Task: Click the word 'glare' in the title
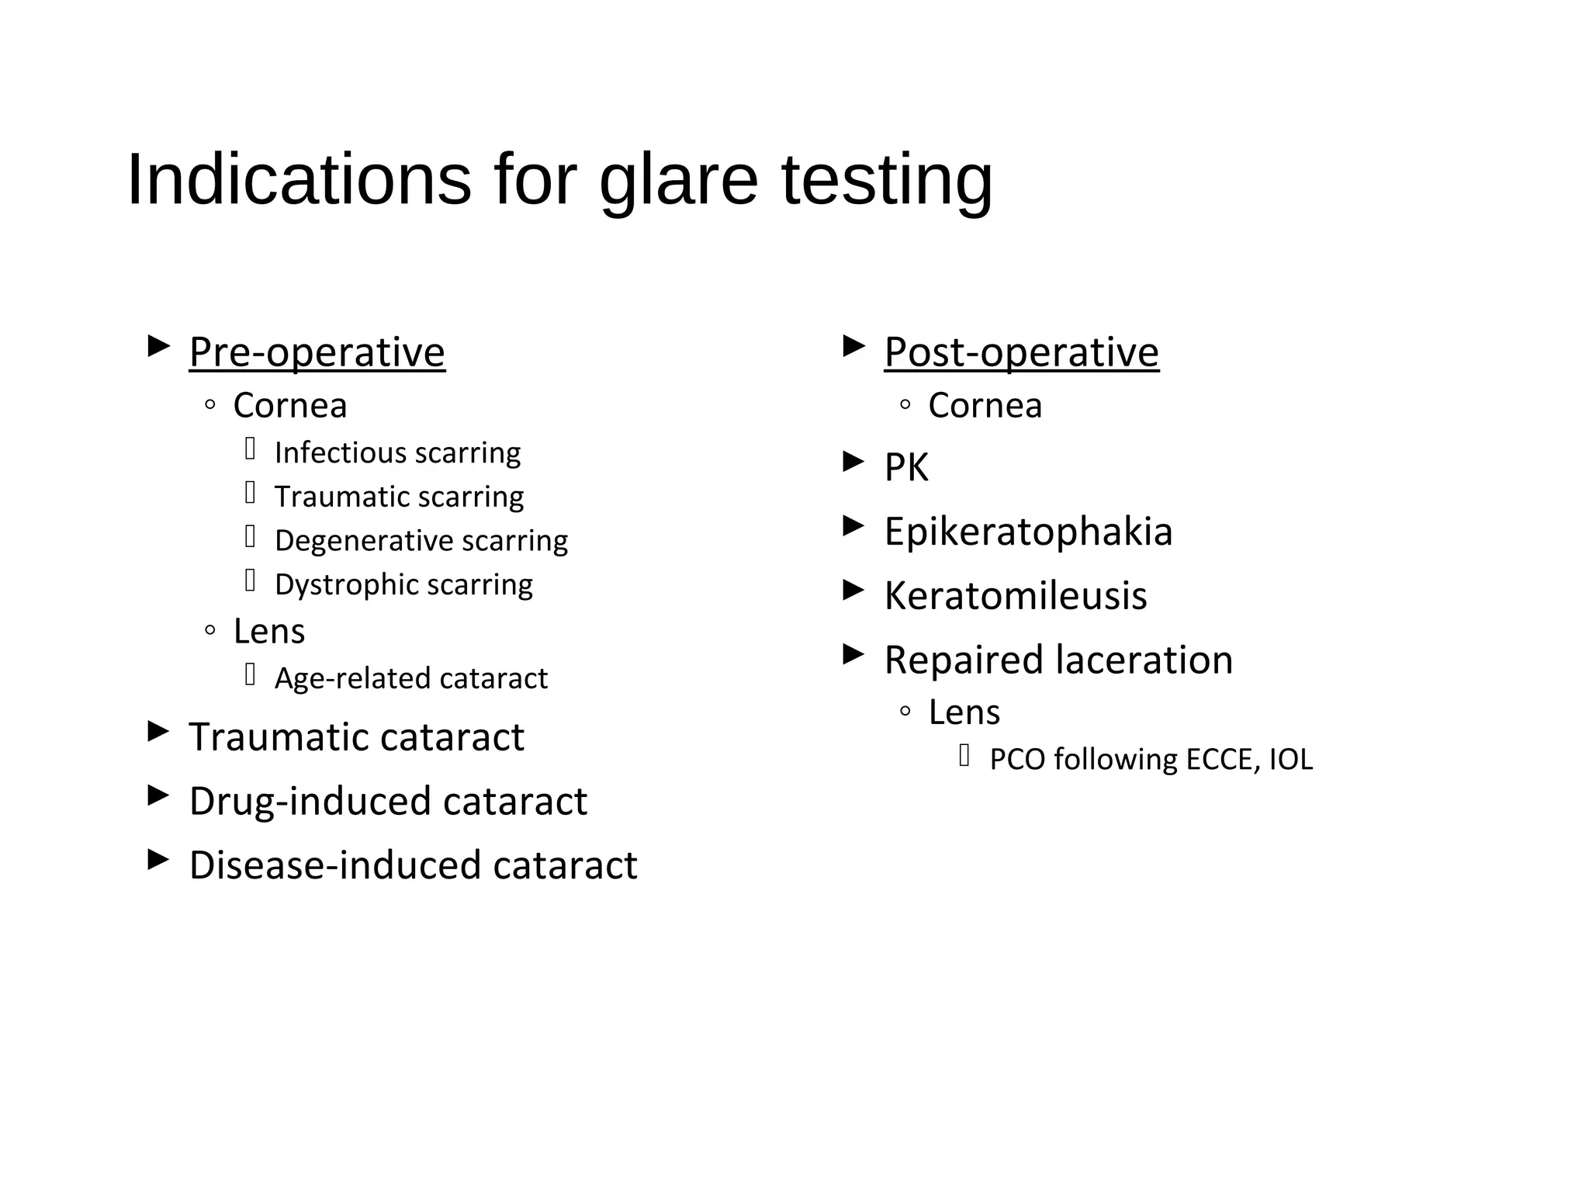(x=678, y=180)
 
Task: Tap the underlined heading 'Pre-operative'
(x=317, y=352)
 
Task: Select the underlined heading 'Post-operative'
(x=1021, y=352)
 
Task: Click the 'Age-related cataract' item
(x=411, y=678)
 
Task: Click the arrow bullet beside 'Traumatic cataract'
(x=158, y=731)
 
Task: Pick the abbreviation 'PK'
(x=905, y=467)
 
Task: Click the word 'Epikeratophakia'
(x=1028, y=532)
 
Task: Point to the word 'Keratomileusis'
(x=1015, y=596)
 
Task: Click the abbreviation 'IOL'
(x=1290, y=759)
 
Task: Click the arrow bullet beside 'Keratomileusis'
(x=853, y=591)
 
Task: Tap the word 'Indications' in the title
(x=299, y=180)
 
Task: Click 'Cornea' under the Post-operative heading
(x=985, y=406)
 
